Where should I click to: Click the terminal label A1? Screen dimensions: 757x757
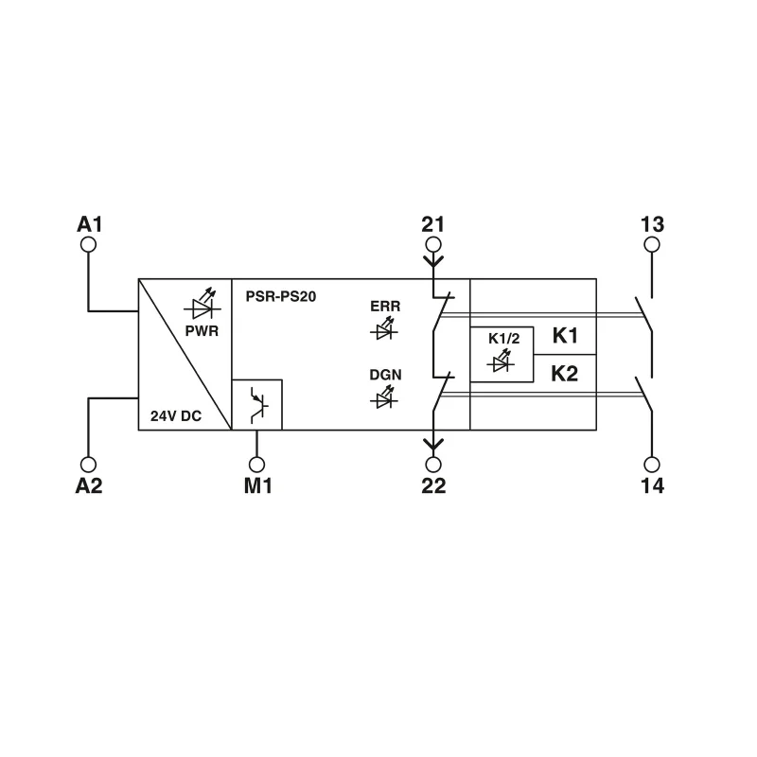pos(89,225)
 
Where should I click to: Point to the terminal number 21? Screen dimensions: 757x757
pos(433,225)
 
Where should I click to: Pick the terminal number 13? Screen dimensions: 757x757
pos(652,225)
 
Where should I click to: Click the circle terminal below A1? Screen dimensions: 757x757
pos(89,245)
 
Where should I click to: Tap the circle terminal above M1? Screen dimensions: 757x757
pos(256,465)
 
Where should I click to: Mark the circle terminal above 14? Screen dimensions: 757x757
pos(652,465)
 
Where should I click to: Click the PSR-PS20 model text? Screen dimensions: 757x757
pos(280,296)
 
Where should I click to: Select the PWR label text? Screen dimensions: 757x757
pos(202,331)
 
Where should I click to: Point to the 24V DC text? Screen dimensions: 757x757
pos(176,414)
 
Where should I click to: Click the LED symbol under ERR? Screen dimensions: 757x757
pos(384,330)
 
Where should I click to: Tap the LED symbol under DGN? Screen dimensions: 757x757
pos(384,398)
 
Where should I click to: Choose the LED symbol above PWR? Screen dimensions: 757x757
pos(202,306)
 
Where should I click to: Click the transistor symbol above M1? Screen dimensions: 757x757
pos(257,404)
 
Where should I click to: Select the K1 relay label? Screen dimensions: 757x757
pos(565,336)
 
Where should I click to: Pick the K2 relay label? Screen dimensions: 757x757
pos(565,373)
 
